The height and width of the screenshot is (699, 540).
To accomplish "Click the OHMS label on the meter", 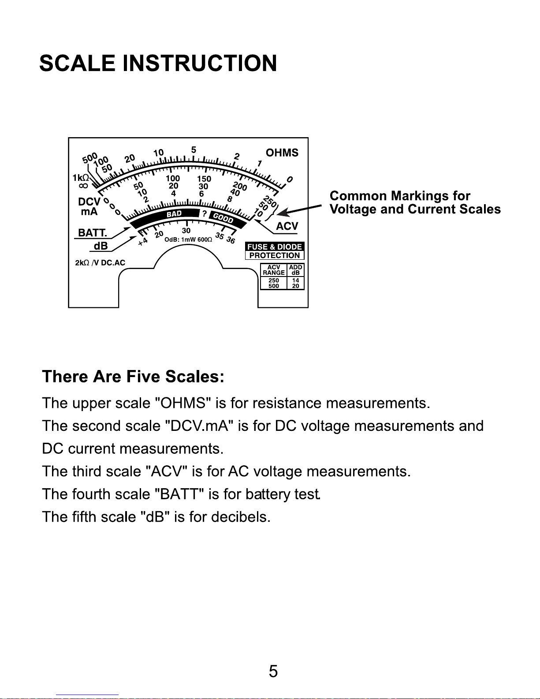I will [x=282, y=153].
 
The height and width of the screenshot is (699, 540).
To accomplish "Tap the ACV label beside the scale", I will [x=287, y=226].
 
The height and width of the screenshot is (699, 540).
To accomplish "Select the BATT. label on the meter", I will [x=92, y=232].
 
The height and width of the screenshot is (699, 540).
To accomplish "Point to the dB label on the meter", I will [x=101, y=246].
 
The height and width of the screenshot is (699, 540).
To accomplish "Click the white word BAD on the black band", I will [x=174, y=214].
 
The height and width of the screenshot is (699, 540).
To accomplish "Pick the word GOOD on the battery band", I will [x=223, y=217].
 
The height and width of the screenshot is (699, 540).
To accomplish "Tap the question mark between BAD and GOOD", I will [x=204, y=214].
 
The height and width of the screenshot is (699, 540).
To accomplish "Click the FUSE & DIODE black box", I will [x=275, y=247].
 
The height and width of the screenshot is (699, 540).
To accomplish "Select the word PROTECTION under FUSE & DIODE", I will [x=275, y=255].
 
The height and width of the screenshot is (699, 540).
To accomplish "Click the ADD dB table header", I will [x=295, y=270].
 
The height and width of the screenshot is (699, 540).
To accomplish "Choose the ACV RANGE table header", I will [x=274, y=270].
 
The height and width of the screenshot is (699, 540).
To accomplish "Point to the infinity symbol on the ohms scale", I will [x=83, y=186].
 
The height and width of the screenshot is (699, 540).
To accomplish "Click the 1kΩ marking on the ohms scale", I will [x=81, y=177].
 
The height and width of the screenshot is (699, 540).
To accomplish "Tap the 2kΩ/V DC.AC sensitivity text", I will [x=100, y=263].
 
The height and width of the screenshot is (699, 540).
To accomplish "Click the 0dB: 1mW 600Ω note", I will [x=188, y=239].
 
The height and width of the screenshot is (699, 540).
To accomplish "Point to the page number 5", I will [x=273, y=671].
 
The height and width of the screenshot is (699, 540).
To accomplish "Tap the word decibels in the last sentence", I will [x=240, y=516].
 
